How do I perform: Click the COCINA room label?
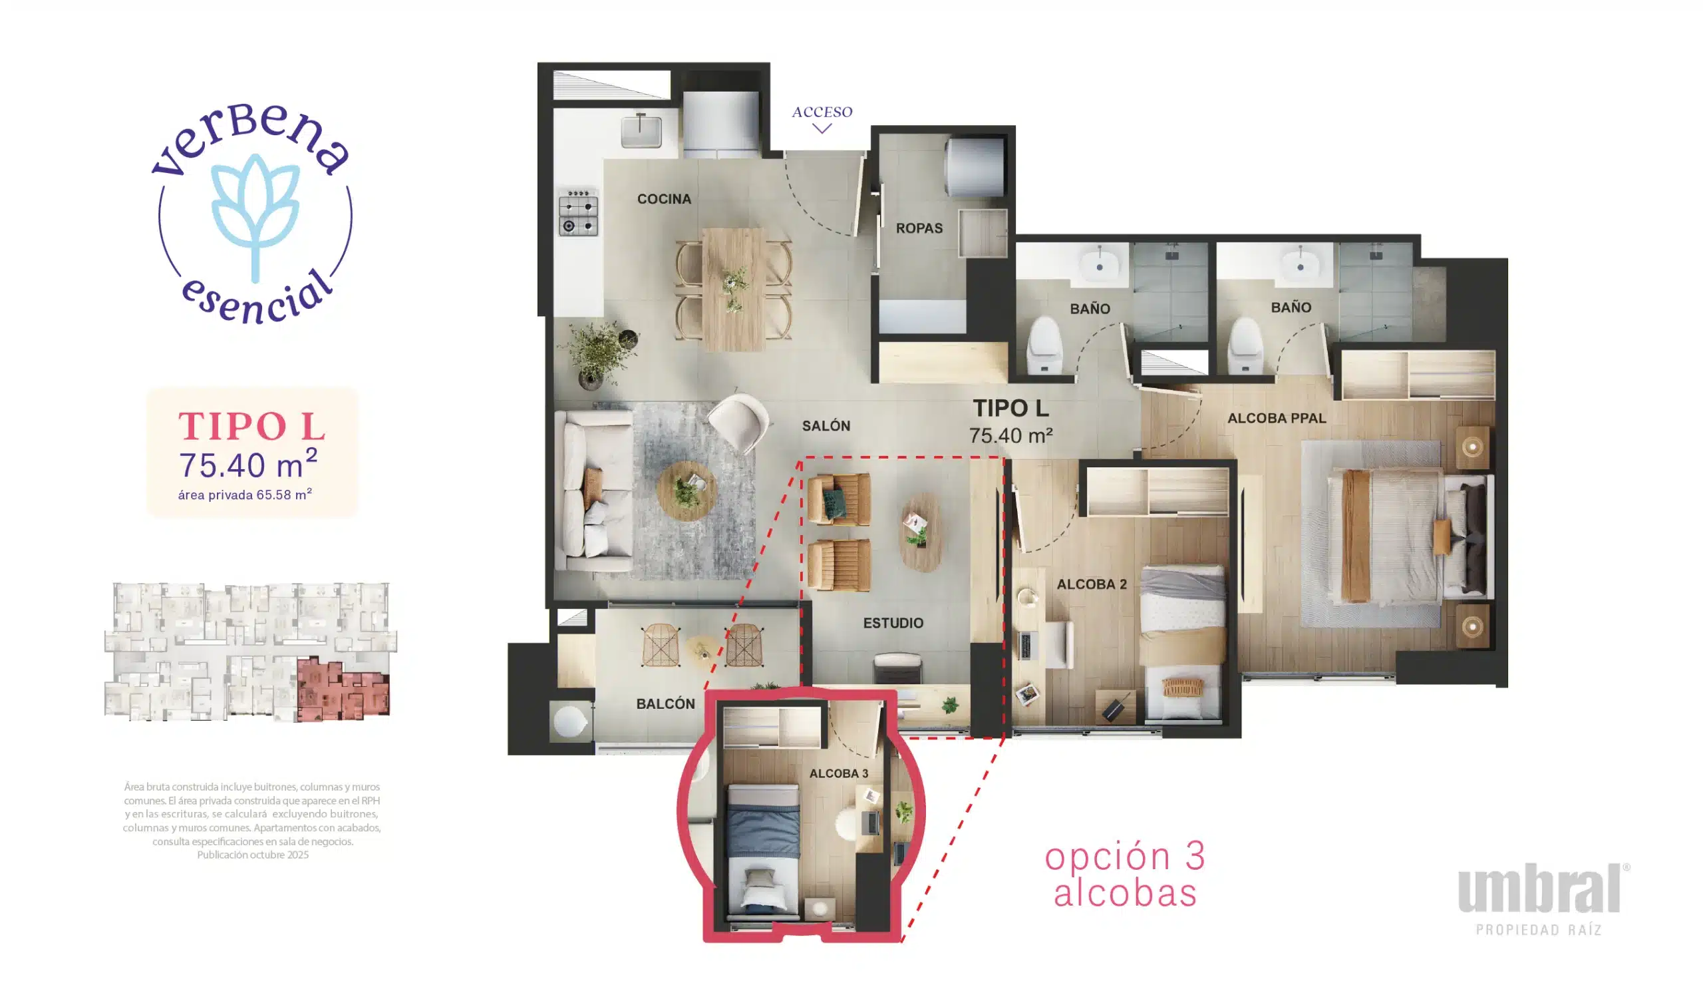(664, 199)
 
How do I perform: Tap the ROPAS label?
(919, 229)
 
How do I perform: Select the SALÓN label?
(826, 426)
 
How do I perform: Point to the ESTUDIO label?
(893, 623)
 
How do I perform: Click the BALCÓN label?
(665, 703)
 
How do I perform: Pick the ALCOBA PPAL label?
(1277, 419)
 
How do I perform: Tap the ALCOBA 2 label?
(1092, 584)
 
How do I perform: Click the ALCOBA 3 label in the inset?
(839, 774)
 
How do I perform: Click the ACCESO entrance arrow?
(821, 128)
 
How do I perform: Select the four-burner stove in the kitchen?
(578, 213)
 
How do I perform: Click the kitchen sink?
(641, 130)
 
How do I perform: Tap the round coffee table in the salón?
(687, 491)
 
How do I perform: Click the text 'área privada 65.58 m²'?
(245, 495)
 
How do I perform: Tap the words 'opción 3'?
(1125, 856)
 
